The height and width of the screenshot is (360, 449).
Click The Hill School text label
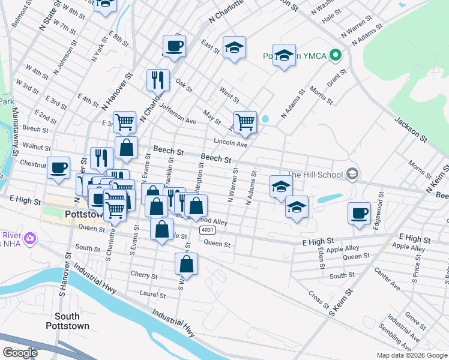point(315,175)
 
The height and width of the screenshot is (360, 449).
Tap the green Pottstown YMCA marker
point(336,56)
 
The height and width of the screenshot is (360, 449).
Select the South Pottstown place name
point(67,321)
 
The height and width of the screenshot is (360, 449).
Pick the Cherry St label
point(143,276)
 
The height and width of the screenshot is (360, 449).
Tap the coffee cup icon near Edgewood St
point(360,214)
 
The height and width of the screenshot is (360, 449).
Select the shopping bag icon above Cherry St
point(187,263)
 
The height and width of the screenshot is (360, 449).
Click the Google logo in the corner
point(20,352)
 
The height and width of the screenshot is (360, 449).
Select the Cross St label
point(316,296)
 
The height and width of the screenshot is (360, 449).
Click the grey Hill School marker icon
point(352,175)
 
